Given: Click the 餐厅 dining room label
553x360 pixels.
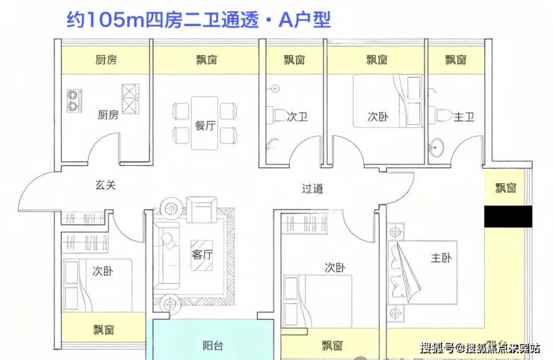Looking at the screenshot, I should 205,126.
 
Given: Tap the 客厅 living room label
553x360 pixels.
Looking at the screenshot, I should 203,254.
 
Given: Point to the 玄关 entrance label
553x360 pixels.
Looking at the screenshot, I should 105,185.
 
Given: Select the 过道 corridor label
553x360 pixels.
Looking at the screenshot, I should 313,189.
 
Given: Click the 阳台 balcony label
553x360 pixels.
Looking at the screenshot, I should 213,345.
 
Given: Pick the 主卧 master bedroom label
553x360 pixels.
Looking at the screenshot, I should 441,258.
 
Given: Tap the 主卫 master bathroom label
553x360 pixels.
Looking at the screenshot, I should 465,117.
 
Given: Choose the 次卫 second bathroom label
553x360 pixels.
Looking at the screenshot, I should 297,117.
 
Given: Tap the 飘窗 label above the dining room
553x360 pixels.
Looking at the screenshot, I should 205,60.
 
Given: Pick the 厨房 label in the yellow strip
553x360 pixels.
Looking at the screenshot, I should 106,60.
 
